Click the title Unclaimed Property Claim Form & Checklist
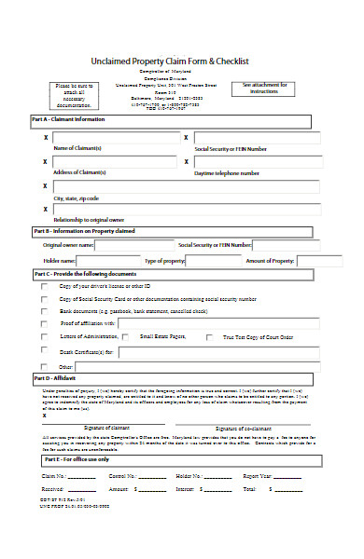(x=182, y=61)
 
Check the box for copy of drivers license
(x=44, y=286)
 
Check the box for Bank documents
(x=44, y=310)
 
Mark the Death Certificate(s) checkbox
(x=44, y=352)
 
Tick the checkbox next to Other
(x=44, y=367)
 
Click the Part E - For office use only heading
(x=77, y=459)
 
